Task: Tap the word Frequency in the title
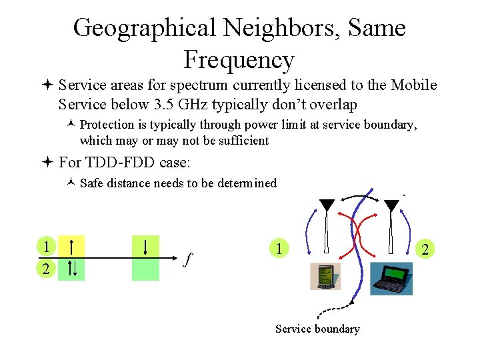coord(239,60)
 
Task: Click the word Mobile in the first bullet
coord(413,85)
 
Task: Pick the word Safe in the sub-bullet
coord(92,183)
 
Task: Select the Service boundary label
coord(317,329)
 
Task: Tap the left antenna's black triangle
coord(327,205)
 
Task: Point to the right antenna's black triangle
coord(391,205)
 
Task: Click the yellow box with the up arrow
coord(71,246)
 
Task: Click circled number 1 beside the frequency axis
coord(45,246)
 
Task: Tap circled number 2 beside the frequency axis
coord(45,269)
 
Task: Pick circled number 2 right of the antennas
coord(425,249)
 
